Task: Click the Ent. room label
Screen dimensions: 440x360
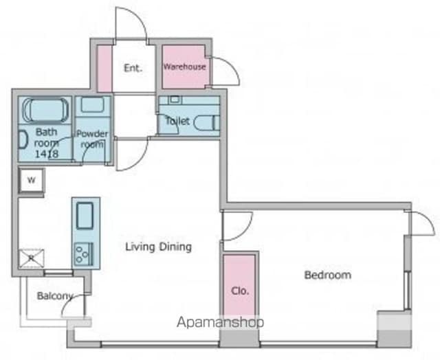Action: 133,68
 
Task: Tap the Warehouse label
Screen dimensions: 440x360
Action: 184,67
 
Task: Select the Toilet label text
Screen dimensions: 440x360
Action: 177,121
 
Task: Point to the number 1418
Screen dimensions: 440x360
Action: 47,154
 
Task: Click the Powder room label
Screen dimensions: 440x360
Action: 92,139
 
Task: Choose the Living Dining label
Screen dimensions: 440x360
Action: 159,247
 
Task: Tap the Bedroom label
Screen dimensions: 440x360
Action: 328,275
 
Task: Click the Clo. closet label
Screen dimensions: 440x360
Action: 240,291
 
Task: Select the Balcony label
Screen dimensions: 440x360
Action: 55,296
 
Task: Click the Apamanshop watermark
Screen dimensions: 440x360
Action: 220,322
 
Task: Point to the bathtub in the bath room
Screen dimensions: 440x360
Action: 45,110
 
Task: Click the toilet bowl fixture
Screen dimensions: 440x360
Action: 207,123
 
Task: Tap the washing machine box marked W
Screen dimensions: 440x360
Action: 32,180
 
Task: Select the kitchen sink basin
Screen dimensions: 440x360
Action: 85,216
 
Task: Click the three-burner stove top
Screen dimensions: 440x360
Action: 84,254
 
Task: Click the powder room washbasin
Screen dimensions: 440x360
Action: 93,104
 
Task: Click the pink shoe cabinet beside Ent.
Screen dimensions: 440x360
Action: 104,68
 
